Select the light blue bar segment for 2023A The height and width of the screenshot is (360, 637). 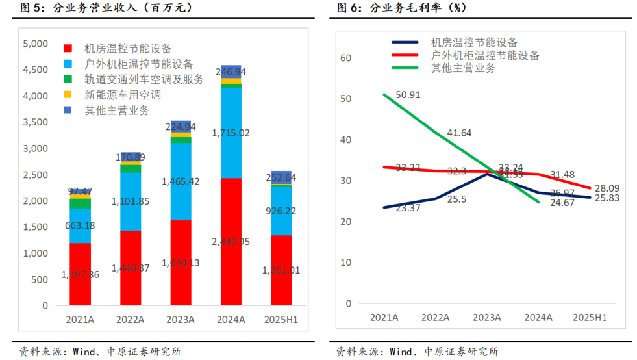pos(180,181)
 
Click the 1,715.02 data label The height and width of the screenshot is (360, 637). pos(231,133)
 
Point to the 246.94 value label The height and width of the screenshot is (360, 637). pos(231,71)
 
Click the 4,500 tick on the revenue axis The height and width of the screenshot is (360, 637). pos(35,70)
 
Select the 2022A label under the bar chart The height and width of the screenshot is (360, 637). pos(131,320)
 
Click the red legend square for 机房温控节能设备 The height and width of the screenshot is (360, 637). pos(68,49)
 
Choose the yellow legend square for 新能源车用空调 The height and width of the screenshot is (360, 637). pos(68,96)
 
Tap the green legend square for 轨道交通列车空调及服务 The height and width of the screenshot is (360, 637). pos(68,79)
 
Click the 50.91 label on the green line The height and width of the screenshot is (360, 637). pos(407,95)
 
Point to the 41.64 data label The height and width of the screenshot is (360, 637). pos(458,133)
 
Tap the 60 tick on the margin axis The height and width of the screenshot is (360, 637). pos(345,58)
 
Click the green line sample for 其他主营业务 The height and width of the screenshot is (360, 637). pos(407,68)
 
